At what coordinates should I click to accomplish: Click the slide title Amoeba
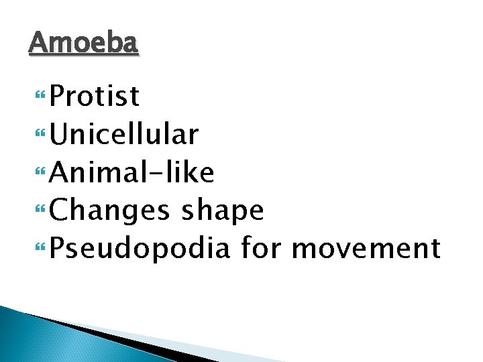click(84, 44)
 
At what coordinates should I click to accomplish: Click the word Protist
click(95, 97)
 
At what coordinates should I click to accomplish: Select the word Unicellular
click(124, 135)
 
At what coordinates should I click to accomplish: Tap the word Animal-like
click(132, 173)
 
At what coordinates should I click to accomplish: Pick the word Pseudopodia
click(140, 249)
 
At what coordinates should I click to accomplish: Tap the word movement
click(366, 249)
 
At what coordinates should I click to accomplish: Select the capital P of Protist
click(58, 97)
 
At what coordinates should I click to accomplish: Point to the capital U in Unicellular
click(58, 135)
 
